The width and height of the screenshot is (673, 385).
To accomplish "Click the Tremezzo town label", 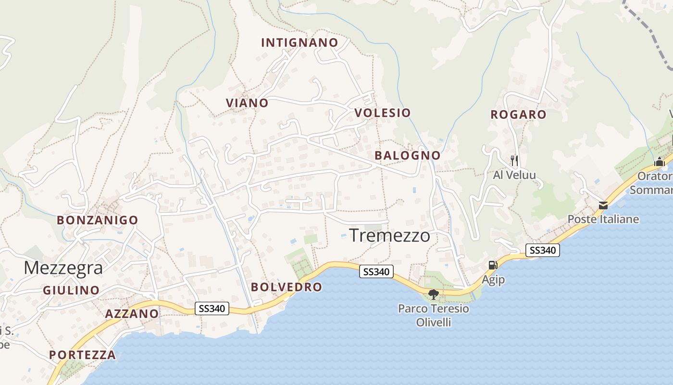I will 389,236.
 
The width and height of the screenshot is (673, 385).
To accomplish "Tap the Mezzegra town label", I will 63,268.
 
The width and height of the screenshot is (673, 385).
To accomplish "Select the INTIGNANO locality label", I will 299,43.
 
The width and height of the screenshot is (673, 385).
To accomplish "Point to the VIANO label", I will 247,103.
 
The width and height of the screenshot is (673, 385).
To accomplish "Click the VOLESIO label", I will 383,113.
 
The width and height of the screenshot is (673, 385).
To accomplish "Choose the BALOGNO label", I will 407,155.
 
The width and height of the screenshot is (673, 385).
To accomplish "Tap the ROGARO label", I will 518,115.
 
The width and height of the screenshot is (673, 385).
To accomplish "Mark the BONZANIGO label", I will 98,220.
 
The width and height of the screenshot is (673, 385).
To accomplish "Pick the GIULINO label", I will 71,291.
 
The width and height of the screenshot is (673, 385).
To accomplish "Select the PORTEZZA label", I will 82,355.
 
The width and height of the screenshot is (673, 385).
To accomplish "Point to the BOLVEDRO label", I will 287,287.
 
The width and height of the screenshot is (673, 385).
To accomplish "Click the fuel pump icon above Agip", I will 493,265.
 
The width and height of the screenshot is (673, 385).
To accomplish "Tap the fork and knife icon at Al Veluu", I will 514,160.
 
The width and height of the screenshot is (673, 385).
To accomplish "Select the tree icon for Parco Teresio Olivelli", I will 434,294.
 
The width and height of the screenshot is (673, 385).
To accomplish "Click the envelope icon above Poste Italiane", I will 603,205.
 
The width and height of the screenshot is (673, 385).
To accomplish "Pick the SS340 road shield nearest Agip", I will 543,250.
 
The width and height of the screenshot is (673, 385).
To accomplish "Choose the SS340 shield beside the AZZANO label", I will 212,308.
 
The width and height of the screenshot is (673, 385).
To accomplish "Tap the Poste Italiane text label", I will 603,219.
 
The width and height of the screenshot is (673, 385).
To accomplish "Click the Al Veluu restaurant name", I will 514,175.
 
